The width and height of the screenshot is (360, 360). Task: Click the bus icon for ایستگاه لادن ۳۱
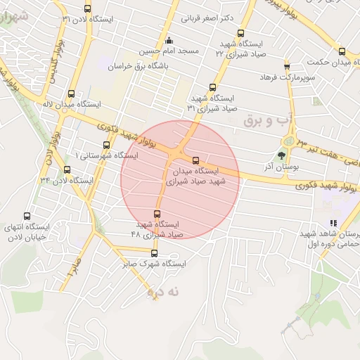87,8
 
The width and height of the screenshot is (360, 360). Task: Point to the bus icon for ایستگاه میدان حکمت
342,51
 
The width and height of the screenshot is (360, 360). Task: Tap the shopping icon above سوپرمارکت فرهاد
287,66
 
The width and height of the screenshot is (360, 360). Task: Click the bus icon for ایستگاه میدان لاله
70,93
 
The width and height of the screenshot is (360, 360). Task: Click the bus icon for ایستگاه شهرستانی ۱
106,145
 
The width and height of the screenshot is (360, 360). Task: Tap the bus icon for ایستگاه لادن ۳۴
67,169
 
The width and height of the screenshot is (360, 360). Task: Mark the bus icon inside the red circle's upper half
195,160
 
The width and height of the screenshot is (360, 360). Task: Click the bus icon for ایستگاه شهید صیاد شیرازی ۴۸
157,214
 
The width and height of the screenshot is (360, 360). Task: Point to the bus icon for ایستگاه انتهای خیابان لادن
27,217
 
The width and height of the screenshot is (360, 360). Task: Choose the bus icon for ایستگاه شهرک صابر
154,254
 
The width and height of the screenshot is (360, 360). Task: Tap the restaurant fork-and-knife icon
333,223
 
